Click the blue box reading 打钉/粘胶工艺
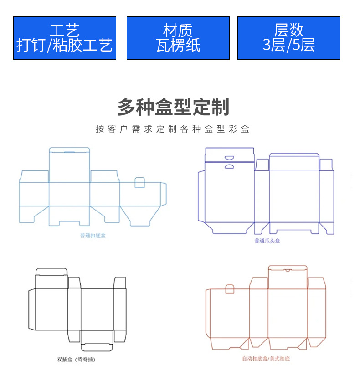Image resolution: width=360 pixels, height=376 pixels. coord(64,38)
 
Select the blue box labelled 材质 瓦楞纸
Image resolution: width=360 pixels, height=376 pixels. coord(178,38)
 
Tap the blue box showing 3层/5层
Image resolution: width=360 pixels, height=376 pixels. coord(288,38)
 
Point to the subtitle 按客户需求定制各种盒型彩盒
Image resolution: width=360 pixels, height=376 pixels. coord(173,129)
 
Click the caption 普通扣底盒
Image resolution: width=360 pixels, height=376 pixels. coord(93,236)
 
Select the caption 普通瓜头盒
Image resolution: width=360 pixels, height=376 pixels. coord(267,241)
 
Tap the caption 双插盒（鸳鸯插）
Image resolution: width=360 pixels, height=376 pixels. coord(76,359)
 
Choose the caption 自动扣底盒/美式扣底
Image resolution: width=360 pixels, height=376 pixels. coord(266,359)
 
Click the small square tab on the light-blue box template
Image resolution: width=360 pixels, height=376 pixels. coord(140,183)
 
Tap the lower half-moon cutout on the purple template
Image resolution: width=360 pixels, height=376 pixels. coord(229,166)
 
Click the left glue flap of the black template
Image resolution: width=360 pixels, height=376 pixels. coord(31,309)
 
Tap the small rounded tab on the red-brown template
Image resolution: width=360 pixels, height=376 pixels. coord(230,289)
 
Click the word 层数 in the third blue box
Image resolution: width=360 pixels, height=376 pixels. coord(288,30)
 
